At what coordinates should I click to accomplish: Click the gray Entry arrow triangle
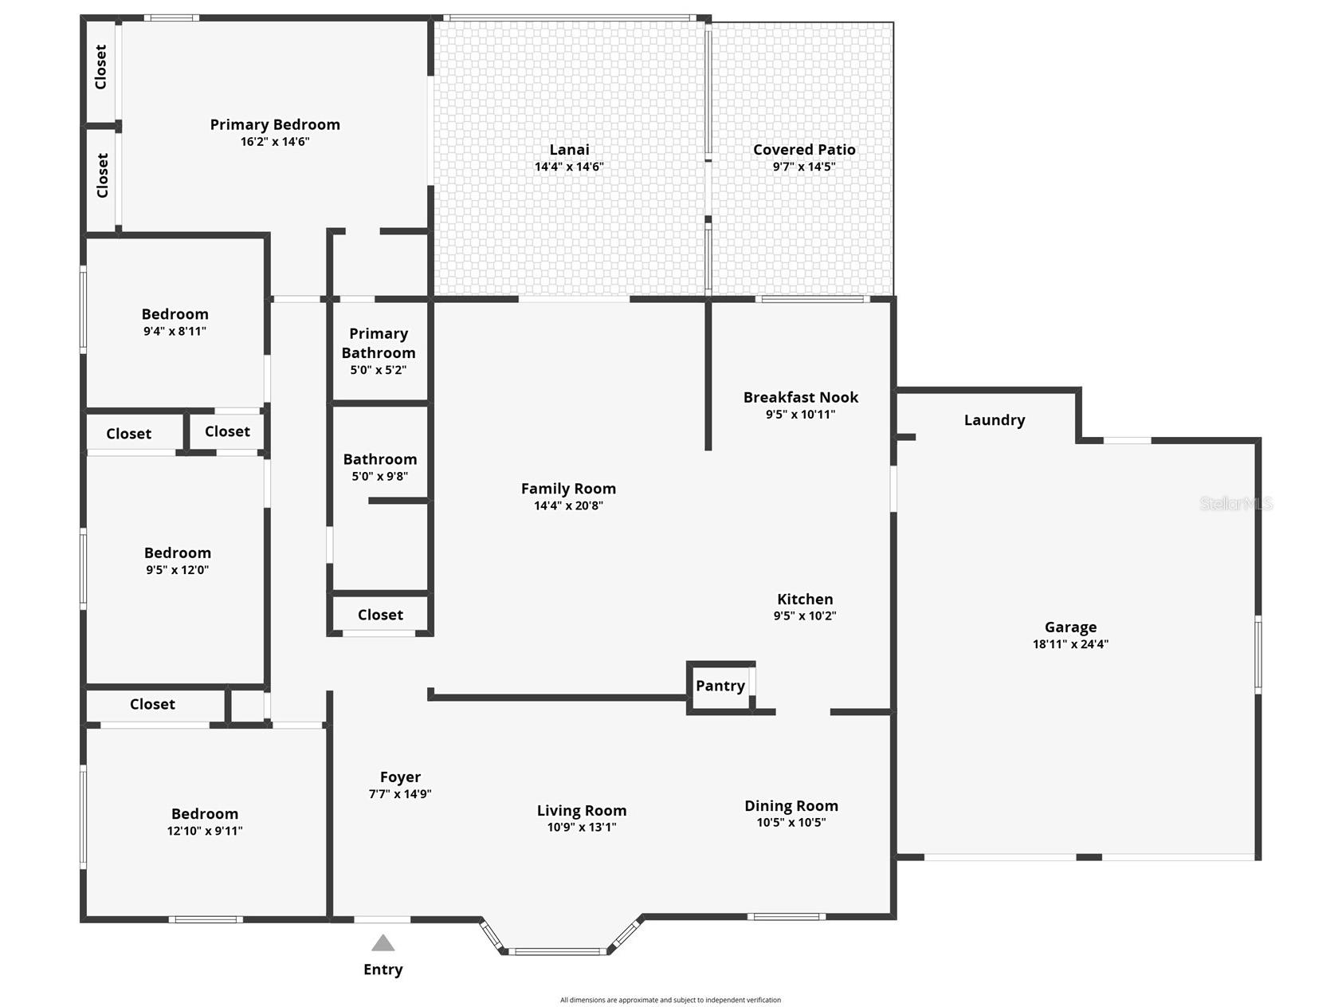pyautogui.click(x=383, y=944)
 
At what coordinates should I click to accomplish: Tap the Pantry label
pyautogui.click(x=720, y=686)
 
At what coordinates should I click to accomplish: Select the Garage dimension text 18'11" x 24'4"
pyautogui.click(x=1070, y=644)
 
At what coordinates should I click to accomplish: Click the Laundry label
pyautogui.click(x=994, y=420)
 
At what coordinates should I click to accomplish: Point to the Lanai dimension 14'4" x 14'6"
pyautogui.click(x=569, y=167)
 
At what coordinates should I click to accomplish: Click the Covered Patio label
pyautogui.click(x=804, y=150)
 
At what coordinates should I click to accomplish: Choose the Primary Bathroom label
pyautogui.click(x=379, y=344)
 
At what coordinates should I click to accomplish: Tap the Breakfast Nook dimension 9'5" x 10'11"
pyautogui.click(x=800, y=414)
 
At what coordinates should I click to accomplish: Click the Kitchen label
pyautogui.click(x=805, y=600)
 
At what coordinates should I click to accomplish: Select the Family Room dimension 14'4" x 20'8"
pyautogui.click(x=568, y=505)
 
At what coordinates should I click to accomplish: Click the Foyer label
pyautogui.click(x=400, y=777)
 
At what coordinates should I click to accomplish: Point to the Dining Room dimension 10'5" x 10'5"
pyautogui.click(x=791, y=822)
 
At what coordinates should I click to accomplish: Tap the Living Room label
pyautogui.click(x=582, y=811)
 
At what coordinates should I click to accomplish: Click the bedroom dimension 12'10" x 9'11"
pyautogui.click(x=205, y=831)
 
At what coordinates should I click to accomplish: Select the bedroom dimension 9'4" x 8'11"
pyautogui.click(x=175, y=331)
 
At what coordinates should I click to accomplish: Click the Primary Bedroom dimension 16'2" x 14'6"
pyautogui.click(x=275, y=142)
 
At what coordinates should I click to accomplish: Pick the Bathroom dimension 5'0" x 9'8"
pyautogui.click(x=380, y=476)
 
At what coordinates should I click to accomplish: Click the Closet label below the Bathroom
pyautogui.click(x=380, y=615)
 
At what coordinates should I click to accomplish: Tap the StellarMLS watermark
pyautogui.click(x=1236, y=504)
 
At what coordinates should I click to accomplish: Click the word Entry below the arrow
pyautogui.click(x=383, y=970)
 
